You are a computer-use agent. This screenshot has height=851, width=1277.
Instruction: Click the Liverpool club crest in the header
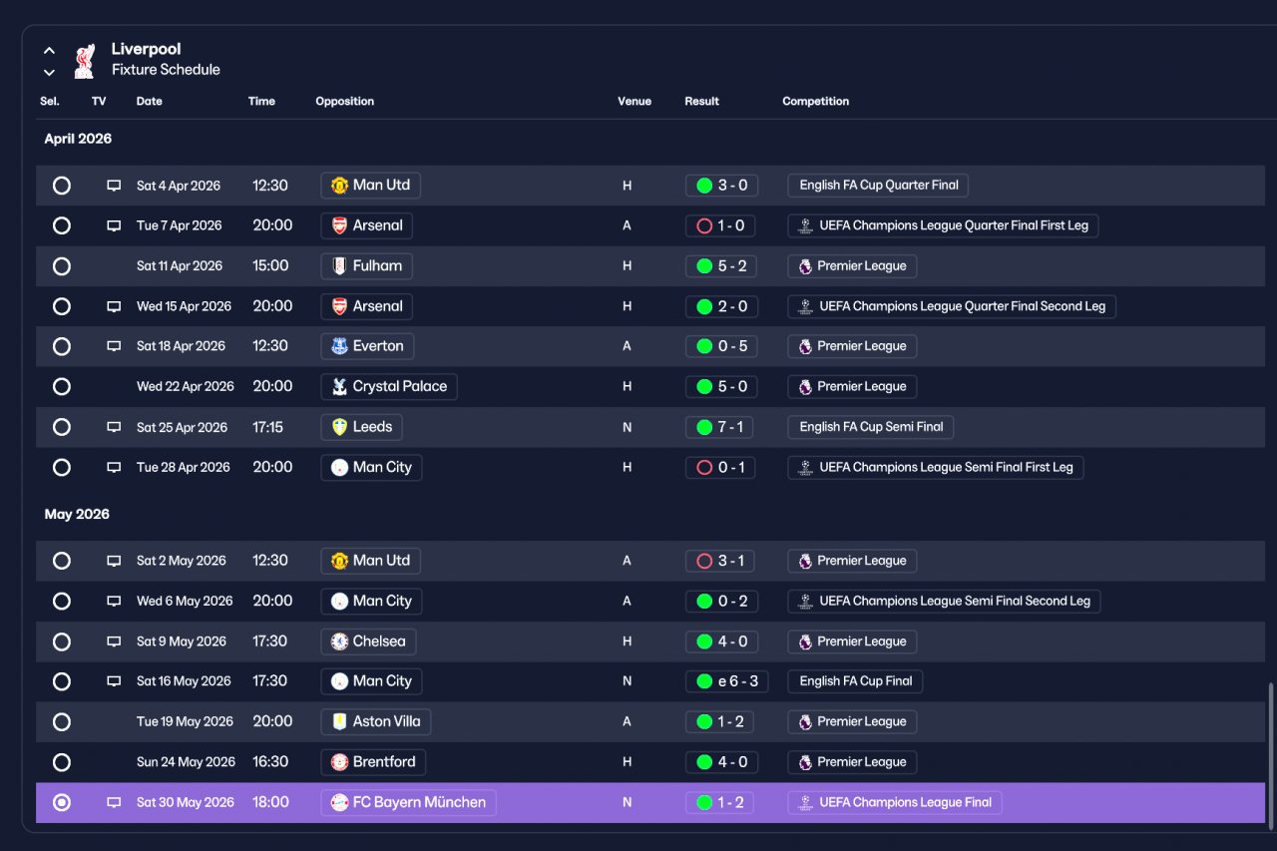tap(85, 61)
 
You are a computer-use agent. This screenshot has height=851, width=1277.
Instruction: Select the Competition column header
tap(815, 101)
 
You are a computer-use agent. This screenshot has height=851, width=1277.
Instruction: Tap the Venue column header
tap(634, 101)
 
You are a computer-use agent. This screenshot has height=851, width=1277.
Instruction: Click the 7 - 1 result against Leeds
tap(719, 427)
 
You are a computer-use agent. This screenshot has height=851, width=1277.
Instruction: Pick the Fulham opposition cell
tap(366, 266)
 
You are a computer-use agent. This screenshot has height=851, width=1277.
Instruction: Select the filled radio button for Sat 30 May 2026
tap(62, 802)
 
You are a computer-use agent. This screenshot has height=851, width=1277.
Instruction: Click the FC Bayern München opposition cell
tap(408, 802)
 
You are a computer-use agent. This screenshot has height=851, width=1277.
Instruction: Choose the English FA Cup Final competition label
tap(855, 681)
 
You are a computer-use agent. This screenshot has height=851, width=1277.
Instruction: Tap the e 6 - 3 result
tap(727, 681)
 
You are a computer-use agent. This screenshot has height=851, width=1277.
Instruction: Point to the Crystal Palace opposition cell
tap(389, 386)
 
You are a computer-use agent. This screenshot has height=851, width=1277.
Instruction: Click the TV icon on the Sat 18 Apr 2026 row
tap(114, 346)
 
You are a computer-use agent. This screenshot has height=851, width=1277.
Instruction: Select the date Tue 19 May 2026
tap(185, 721)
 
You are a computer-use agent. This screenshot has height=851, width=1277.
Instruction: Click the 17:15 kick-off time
tap(267, 427)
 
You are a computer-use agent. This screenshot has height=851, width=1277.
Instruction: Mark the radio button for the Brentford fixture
tap(62, 762)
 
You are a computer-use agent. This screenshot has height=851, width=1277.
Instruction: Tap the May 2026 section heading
tap(77, 514)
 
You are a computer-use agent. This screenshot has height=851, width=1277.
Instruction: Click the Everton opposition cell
tap(367, 346)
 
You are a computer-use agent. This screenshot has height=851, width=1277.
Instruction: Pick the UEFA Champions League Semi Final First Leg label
tap(936, 467)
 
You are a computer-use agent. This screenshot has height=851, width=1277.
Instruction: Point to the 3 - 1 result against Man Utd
tap(719, 561)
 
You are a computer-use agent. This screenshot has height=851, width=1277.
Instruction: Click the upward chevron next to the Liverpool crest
tap(50, 51)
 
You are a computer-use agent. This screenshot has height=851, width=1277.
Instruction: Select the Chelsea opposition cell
tap(368, 641)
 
